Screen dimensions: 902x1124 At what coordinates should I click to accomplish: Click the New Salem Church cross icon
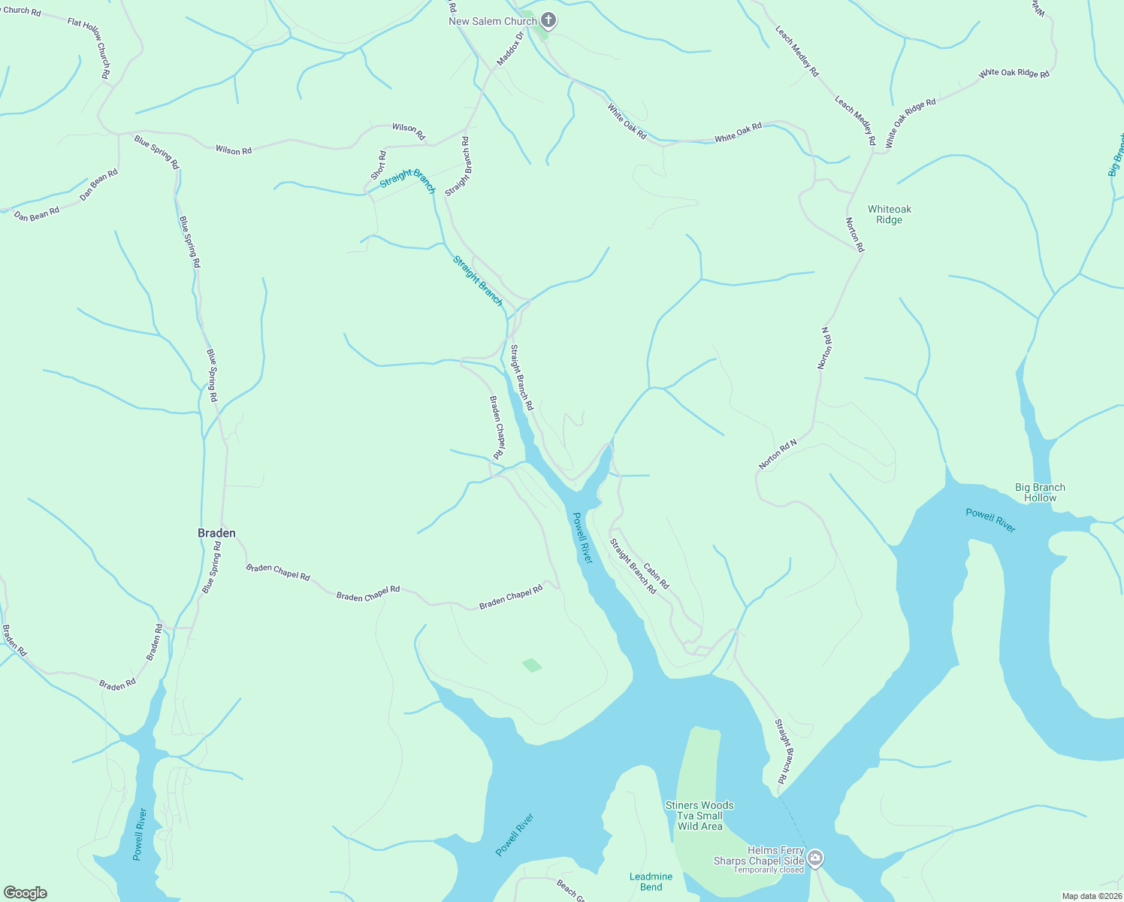click(548, 20)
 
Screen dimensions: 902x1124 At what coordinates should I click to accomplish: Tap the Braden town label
click(216, 533)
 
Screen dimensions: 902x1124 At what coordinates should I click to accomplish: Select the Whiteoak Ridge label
click(889, 214)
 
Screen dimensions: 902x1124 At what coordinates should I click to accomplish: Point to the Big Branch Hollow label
click(1040, 492)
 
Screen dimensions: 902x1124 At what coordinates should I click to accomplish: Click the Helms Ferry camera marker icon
click(815, 858)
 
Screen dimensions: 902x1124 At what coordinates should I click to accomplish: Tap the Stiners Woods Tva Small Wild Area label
click(699, 816)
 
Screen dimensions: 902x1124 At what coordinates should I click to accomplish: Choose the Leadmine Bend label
click(651, 882)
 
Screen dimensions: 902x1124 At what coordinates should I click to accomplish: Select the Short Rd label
click(378, 165)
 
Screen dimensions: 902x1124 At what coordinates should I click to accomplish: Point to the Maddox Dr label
click(509, 47)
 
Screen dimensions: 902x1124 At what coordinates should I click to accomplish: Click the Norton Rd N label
click(777, 456)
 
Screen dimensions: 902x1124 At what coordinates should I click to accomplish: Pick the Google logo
click(26, 893)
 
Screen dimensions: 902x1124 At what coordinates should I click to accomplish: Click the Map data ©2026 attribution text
click(1091, 896)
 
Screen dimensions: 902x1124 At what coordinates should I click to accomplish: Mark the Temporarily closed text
click(769, 870)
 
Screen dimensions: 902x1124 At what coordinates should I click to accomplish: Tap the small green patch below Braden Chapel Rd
click(531, 665)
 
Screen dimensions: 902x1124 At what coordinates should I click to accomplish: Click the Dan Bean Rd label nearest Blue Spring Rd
click(99, 185)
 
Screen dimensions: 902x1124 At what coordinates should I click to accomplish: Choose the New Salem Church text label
click(492, 21)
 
